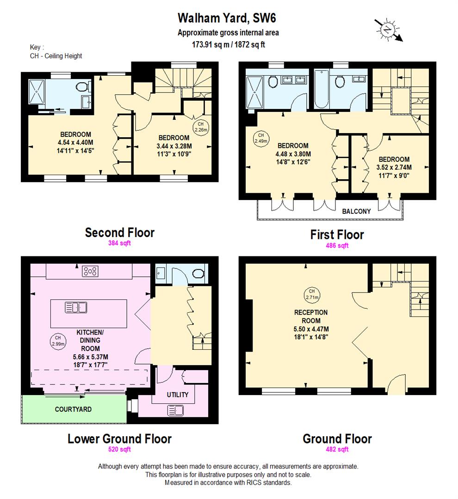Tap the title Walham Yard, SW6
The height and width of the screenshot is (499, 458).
point(228,18)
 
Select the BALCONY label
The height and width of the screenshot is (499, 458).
point(356,211)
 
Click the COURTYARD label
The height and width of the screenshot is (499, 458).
point(73,409)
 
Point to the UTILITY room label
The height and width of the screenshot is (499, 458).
point(177,395)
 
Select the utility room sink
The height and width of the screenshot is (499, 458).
point(175,410)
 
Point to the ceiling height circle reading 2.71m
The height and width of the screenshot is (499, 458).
point(311,293)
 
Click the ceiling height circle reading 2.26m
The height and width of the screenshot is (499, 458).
point(201,127)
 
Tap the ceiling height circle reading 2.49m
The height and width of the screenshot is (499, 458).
point(258,139)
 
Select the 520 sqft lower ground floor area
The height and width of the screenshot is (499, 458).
point(119,449)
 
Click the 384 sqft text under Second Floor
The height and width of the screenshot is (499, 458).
point(119,243)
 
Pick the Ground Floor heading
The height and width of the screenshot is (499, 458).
point(337,438)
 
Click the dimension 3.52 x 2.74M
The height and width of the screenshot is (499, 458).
point(394,167)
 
